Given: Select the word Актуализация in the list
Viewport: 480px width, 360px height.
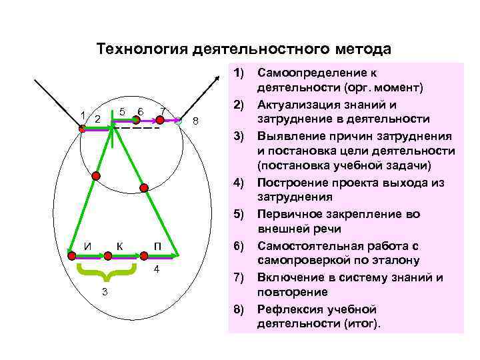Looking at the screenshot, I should coord(297,103).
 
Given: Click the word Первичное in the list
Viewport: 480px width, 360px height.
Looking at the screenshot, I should coord(289,214).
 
